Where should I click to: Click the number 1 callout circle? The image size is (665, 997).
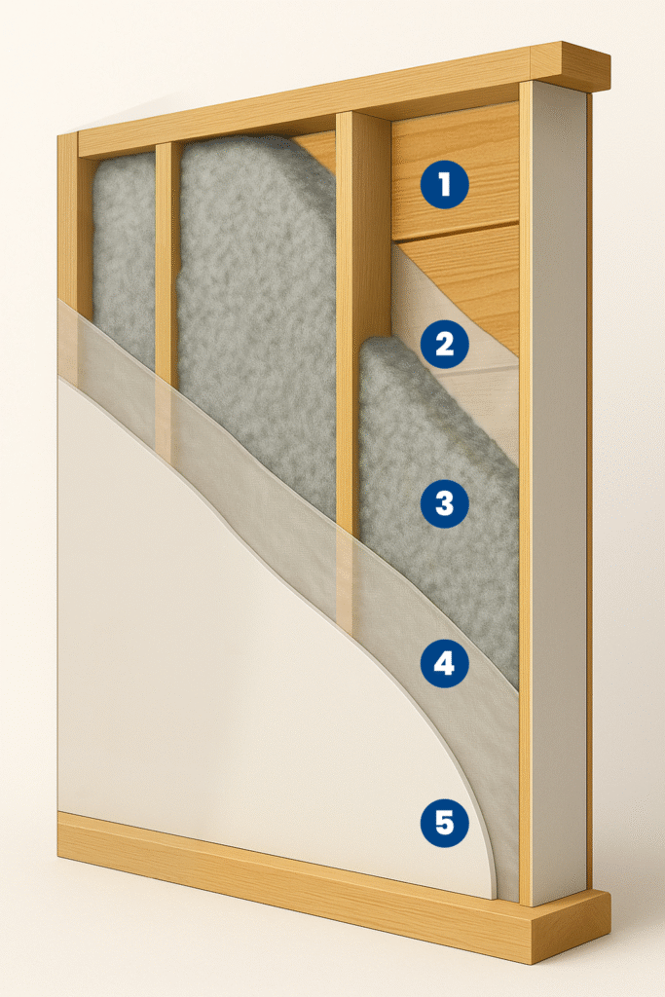(x=444, y=185)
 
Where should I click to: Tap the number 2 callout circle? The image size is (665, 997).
(x=444, y=344)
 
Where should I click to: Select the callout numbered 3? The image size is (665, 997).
(x=444, y=503)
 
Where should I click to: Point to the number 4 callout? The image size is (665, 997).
(x=444, y=663)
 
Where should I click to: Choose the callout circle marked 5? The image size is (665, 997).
(x=444, y=823)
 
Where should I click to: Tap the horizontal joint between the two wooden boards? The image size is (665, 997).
(x=456, y=232)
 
